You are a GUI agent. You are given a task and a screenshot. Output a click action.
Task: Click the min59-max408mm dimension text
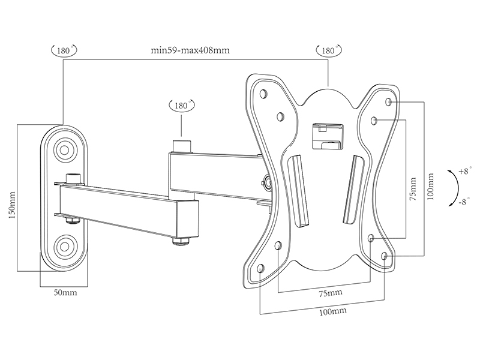[190, 50]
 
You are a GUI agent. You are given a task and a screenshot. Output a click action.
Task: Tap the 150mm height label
[12, 205]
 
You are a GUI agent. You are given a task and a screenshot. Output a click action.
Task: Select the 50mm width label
[65, 292]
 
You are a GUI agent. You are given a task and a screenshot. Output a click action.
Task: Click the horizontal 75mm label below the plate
[331, 293]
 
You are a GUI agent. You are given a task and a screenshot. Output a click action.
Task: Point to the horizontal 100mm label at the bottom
[333, 311]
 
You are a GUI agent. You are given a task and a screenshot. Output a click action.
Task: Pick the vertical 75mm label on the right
[413, 188]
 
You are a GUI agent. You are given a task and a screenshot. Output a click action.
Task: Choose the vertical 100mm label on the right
[430, 187]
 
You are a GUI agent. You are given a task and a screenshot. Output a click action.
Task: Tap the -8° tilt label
[464, 202]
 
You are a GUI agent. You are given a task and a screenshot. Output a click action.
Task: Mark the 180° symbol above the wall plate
[64, 50]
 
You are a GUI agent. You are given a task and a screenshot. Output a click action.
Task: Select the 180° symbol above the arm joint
[182, 106]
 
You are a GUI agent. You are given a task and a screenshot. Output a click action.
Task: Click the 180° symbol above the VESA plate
[328, 50]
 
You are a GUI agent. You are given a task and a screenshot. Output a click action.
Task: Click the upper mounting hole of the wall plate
[64, 150]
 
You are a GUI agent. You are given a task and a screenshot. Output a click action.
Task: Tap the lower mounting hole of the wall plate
[64, 245]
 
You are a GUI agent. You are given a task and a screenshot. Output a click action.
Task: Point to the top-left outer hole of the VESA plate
[263, 93]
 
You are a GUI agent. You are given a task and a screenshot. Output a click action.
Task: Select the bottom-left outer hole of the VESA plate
[260, 268]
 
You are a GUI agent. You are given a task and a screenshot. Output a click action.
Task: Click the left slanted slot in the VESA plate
[299, 192]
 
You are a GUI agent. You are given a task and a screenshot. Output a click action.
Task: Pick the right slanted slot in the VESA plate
[352, 190]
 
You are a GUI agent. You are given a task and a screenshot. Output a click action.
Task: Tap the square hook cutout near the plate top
[327, 136]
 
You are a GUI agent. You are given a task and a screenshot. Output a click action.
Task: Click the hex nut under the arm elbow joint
[182, 242]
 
